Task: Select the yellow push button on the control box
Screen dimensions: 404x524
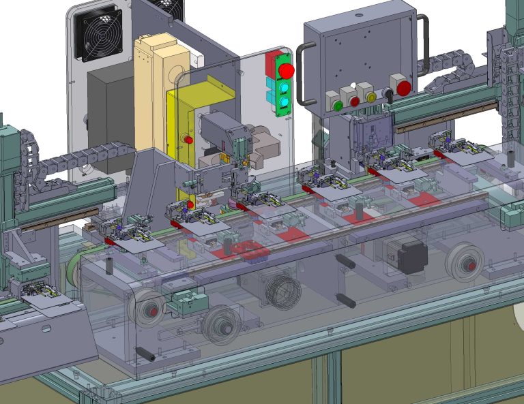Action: [372, 97]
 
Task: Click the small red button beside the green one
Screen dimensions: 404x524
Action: [354, 101]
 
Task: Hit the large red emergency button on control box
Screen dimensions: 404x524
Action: [404, 88]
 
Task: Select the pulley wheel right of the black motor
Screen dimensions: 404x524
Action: [465, 261]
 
